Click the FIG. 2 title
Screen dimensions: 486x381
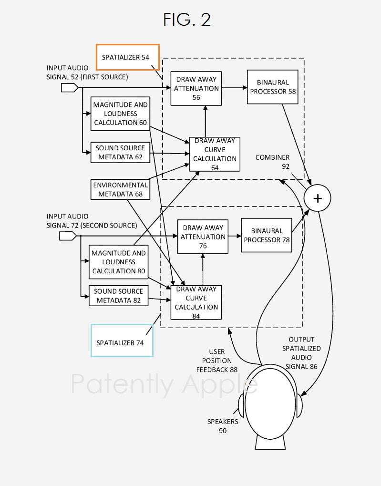coord(187,20)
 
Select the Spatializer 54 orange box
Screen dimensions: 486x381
coord(127,57)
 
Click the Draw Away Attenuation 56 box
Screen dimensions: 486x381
coord(196,88)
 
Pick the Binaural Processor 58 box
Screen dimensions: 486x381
coord(273,87)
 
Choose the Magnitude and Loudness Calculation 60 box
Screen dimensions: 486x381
coord(121,114)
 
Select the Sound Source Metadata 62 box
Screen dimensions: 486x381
coord(120,153)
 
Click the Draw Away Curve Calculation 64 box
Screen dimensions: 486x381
coord(215,154)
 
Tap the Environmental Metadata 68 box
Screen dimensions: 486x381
coord(120,189)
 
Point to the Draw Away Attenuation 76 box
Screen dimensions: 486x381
coord(203,237)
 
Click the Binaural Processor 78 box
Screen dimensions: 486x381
coord(267,235)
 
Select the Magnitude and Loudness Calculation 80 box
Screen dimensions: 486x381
coord(119,262)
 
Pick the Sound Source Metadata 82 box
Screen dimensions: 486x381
coord(118,296)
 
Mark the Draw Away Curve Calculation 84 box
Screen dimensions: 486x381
coord(196,302)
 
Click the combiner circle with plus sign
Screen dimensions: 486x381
coord(318,198)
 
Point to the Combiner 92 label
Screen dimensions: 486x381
coord(272,162)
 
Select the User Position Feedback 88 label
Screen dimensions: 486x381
coord(217,361)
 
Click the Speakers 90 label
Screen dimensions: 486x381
coord(223,426)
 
